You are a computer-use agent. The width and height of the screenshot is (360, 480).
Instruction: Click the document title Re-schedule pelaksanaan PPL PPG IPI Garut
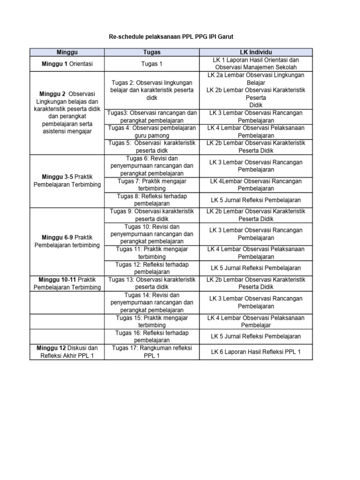180,36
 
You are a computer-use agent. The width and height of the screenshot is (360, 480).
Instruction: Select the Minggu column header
67,52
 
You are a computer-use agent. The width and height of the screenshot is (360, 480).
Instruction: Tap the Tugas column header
152,52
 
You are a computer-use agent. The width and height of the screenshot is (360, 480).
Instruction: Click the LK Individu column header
256,52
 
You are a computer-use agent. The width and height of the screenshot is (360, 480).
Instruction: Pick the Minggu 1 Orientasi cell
67,64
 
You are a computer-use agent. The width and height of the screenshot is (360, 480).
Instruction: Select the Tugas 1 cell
152,64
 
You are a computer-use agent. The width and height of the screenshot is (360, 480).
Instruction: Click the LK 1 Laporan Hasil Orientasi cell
256,64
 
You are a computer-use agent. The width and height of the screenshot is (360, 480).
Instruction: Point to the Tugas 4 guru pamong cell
152,131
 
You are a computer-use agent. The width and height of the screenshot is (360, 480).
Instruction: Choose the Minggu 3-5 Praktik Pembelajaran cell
67,181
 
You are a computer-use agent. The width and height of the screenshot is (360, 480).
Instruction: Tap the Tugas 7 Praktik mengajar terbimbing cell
152,185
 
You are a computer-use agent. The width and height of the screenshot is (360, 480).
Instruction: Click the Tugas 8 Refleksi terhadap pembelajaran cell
152,200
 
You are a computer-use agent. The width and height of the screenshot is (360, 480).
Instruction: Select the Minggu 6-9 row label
67,241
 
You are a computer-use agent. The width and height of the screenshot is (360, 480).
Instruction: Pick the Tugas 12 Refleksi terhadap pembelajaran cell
152,268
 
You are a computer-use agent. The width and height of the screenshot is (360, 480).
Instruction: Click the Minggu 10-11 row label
67,283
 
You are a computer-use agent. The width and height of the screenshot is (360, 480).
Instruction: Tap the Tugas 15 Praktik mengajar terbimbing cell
152,321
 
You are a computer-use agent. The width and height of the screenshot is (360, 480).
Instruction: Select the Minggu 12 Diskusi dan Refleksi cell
67,352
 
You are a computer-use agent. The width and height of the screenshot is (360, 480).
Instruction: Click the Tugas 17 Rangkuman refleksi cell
152,352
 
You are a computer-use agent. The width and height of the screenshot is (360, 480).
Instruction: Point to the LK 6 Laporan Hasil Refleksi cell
256,352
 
